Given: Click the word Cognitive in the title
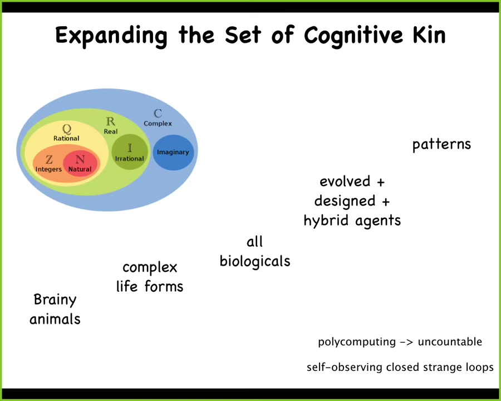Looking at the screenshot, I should pos(351,36).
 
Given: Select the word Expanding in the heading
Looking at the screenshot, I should pos(111,36).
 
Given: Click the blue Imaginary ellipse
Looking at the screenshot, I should pos(173,152).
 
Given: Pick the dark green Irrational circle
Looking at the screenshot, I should pos(130,152).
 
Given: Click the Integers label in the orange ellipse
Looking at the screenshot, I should pos(48,169).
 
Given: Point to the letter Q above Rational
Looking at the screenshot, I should pos(66,129).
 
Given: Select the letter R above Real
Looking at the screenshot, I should pos(111,122).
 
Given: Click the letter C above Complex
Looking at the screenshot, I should pos(158,114).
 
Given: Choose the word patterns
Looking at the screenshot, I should pos(441,145).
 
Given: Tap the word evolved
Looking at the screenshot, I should pos(345,182).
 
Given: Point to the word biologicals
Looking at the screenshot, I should pos(255,261).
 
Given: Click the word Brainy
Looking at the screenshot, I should pos(55,300).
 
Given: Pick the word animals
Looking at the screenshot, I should pos(55,320).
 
